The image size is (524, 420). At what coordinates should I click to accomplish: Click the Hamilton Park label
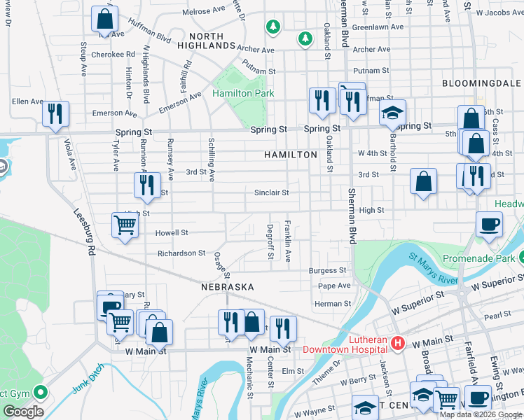243,93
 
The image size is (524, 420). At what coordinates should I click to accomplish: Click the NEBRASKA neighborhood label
227,288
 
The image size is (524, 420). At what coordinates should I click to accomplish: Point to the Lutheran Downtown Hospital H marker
398,343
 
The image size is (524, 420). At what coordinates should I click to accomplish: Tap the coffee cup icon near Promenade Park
488,225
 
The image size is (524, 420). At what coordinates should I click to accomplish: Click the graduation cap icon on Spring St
393,112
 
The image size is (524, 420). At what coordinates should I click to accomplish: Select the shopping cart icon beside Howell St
124,225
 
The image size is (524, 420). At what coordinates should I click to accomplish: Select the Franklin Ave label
288,241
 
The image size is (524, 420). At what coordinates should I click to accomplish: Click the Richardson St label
181,253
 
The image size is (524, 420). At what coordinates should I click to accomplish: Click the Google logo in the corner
23,412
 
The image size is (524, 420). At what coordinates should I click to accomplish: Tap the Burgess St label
328,270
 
